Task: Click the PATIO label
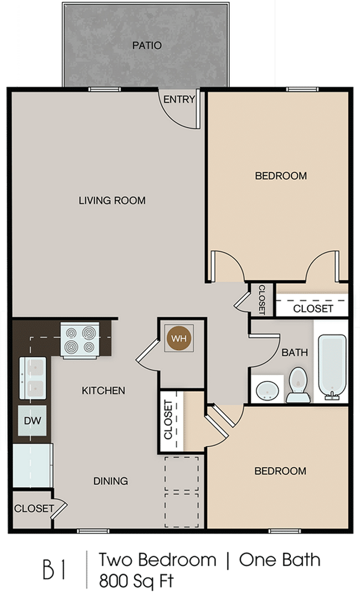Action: (147, 45)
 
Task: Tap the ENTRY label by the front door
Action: (179, 100)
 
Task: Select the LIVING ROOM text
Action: (112, 201)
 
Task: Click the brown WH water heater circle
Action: (178, 338)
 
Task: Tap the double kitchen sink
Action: (32, 378)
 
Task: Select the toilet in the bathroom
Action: (298, 384)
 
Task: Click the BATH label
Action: (295, 352)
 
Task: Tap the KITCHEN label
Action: (104, 391)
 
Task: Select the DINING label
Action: (111, 481)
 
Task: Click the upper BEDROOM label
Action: (281, 176)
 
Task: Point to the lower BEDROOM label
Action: (280, 471)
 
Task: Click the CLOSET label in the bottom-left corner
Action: (34, 508)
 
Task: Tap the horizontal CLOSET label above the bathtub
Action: (313, 309)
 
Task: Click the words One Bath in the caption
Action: (280, 561)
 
